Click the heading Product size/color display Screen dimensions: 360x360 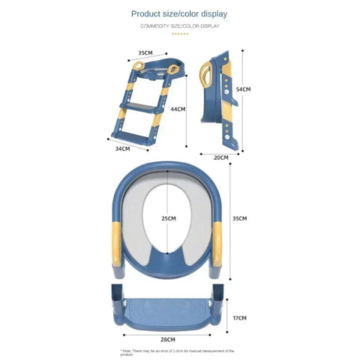point(179,13)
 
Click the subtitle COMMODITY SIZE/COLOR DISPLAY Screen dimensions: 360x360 point(179,26)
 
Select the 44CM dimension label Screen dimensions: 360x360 point(177,109)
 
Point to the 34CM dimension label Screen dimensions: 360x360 point(123,148)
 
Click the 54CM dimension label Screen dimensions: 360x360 point(243,89)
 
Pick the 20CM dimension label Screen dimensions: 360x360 point(221,157)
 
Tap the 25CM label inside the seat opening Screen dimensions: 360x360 point(169,218)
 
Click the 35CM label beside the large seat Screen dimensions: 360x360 point(239,218)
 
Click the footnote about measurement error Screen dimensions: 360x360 point(178,350)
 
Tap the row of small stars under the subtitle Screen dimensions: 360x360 point(179,34)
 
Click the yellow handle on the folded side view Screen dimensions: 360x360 point(206,76)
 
